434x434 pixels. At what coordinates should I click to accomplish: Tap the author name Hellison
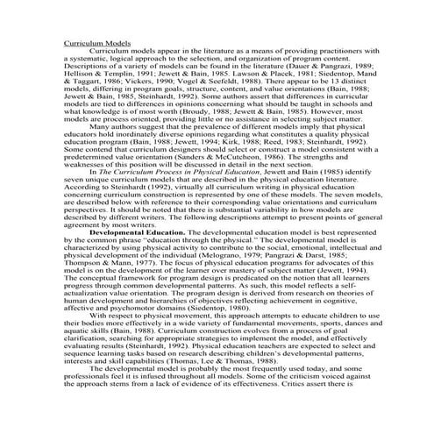(80, 75)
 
